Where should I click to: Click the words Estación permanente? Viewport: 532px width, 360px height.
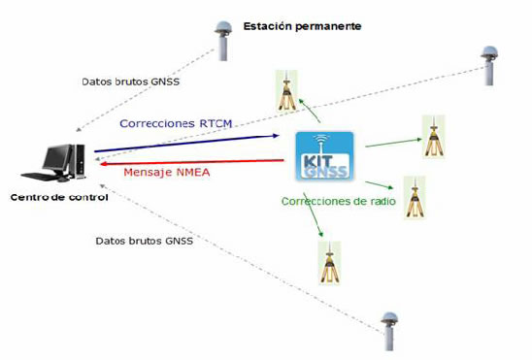point(302,25)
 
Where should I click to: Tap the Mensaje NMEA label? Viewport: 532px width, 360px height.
point(167,173)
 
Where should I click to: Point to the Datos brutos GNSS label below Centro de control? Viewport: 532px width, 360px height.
point(144,241)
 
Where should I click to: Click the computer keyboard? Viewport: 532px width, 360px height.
point(40,179)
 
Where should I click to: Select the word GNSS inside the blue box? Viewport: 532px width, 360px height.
point(325,173)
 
